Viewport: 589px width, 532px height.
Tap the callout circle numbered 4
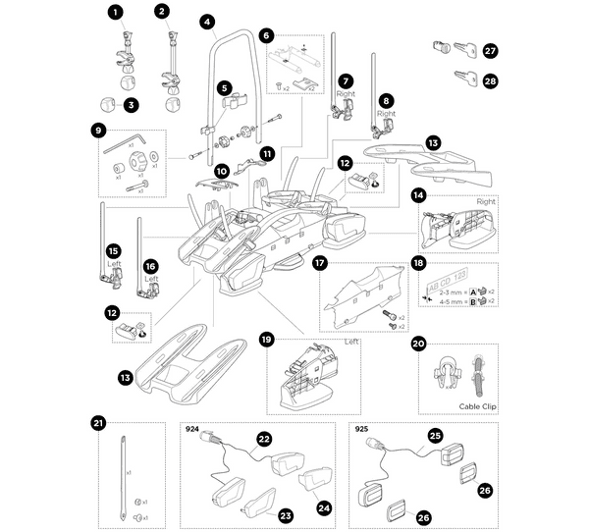click(206, 21)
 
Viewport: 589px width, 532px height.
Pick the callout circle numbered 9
click(98, 130)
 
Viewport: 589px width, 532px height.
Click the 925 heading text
click(359, 429)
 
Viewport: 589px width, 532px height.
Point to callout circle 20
click(418, 345)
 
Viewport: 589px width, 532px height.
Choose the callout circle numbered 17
click(319, 263)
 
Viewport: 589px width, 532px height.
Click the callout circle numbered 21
click(97, 423)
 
